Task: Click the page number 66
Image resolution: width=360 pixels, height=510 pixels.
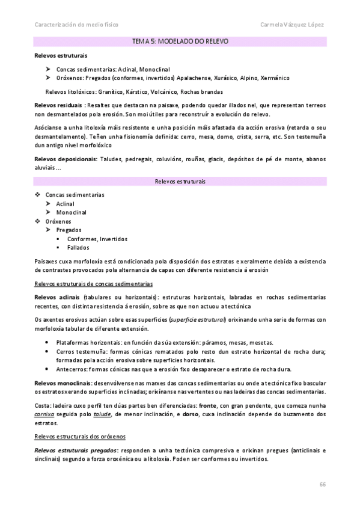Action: pyautogui.click(x=323, y=484)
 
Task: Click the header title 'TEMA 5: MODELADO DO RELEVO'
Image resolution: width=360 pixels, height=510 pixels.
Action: pyautogui.click(x=180, y=42)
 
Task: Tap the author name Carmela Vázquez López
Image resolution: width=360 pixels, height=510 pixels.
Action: pyautogui.click(x=292, y=25)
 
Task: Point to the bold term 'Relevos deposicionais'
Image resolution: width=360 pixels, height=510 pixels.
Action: pyautogui.click(x=66, y=159)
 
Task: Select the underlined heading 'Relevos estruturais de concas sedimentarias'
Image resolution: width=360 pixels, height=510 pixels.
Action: pyautogui.click(x=93, y=283)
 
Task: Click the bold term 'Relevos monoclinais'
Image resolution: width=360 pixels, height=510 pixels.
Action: pyautogui.click(x=63, y=382)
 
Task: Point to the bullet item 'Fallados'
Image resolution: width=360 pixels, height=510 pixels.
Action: pyautogui.click(x=79, y=247)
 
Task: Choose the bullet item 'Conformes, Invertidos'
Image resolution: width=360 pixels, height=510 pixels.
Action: pyautogui.click(x=97, y=238)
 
